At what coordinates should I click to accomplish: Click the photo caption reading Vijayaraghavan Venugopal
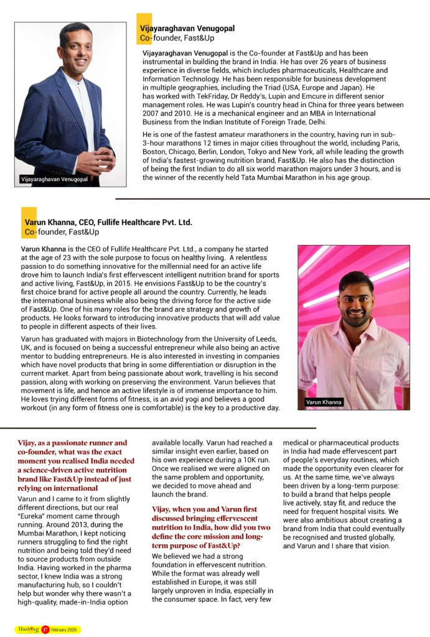click(x=55, y=180)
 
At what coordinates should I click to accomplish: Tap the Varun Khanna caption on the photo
click(x=324, y=402)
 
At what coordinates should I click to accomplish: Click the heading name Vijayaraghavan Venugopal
click(x=187, y=28)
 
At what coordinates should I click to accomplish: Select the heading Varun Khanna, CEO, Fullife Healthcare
click(x=108, y=222)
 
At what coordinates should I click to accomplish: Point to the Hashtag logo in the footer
click(x=28, y=629)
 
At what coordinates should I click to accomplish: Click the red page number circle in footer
click(x=45, y=630)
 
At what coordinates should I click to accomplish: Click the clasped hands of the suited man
click(x=95, y=160)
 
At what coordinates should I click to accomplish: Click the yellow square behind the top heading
click(x=144, y=28)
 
